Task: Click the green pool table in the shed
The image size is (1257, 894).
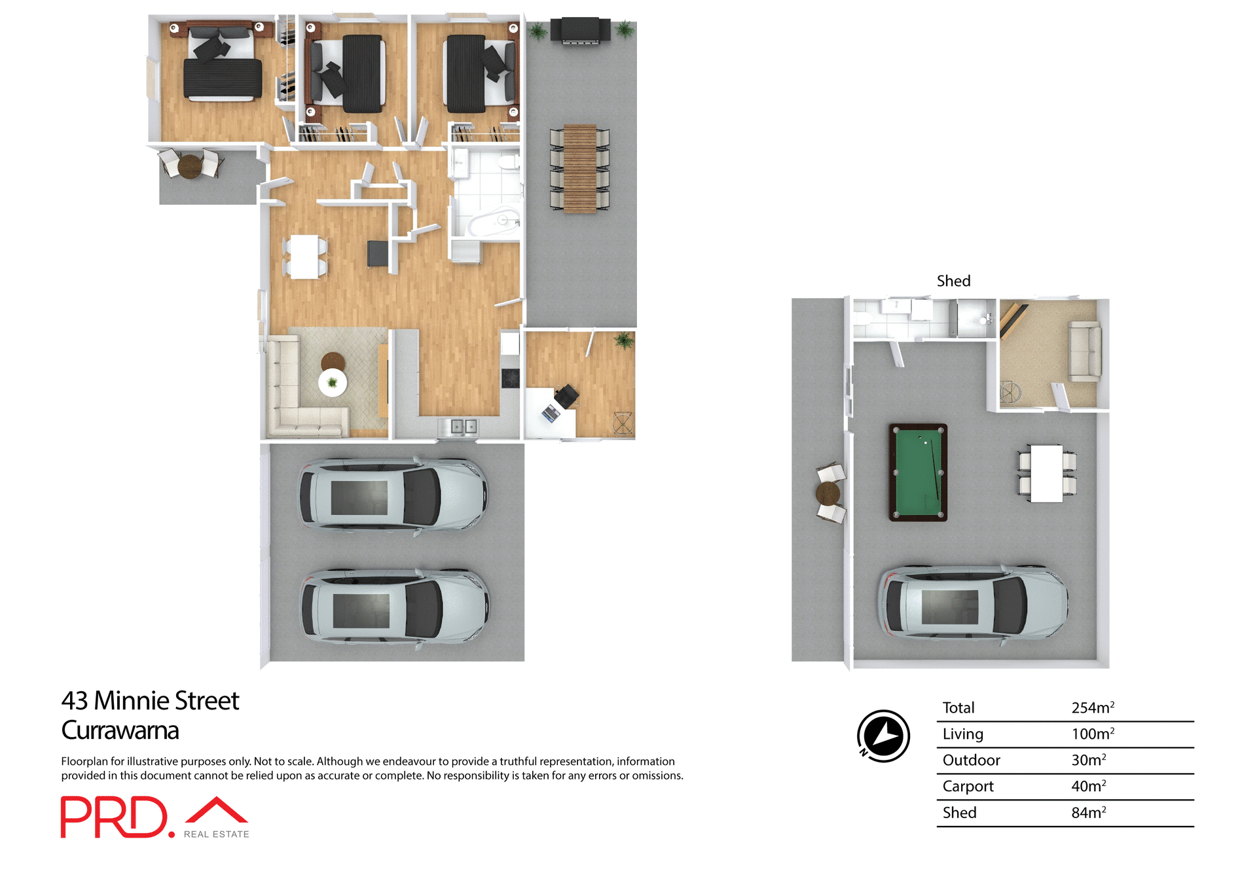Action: [918, 472]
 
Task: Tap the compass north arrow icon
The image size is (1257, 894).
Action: [883, 736]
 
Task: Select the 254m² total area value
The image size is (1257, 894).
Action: [1092, 707]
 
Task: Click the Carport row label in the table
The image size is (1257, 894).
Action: [968, 786]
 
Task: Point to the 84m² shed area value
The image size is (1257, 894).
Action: [1088, 812]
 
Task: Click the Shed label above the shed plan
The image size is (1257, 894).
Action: [953, 281]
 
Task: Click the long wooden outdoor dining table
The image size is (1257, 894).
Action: [580, 169]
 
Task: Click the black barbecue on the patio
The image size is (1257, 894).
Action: [580, 31]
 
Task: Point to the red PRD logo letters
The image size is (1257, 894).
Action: [115, 817]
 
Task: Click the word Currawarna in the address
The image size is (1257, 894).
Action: [120, 730]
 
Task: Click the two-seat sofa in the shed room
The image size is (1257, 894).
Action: [1085, 351]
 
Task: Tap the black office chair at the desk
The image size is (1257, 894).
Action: [566, 395]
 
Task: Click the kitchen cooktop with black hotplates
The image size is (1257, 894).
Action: [510, 378]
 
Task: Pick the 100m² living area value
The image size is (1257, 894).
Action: [1092, 734]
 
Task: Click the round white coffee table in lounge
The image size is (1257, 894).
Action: [333, 382]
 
